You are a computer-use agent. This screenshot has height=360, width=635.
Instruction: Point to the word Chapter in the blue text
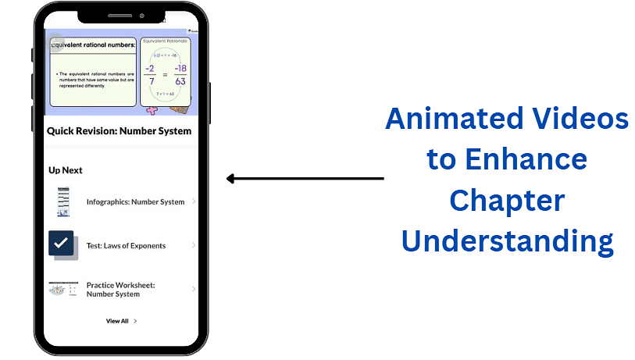point(507,201)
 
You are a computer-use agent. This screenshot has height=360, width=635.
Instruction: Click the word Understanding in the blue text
point(507,241)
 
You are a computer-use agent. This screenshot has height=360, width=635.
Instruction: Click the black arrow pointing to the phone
point(305,179)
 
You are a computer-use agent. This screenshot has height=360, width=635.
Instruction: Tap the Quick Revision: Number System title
point(119,130)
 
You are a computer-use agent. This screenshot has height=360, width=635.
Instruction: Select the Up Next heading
point(66,170)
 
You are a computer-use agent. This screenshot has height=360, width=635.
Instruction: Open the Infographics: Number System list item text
point(135,201)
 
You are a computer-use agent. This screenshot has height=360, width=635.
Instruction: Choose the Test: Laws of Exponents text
point(126,245)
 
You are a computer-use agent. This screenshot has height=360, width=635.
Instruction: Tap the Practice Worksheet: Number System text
point(121,290)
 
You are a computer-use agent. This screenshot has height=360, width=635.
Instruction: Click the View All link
point(118,321)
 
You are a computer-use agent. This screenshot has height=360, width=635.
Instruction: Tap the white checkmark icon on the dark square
point(61,244)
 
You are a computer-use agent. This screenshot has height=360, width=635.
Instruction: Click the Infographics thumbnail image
point(62,201)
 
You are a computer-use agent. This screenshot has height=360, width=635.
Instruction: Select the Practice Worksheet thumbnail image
point(62,289)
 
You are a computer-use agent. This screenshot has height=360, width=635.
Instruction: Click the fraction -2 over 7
point(153,74)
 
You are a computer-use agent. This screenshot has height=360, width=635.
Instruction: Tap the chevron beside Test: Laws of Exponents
point(194,245)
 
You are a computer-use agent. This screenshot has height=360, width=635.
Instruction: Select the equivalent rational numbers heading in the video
point(93,45)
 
